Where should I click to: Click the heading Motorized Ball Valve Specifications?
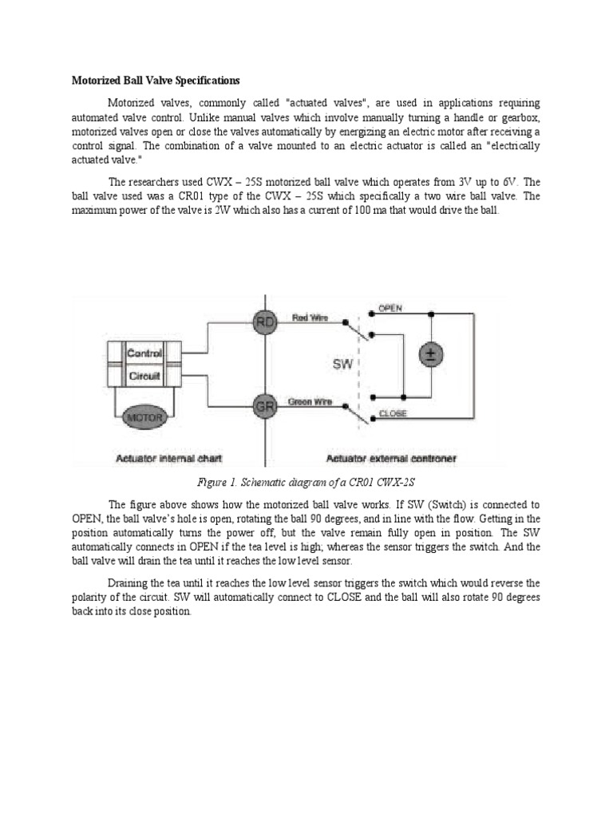point(156,81)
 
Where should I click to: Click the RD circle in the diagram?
point(265,322)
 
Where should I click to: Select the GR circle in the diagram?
point(265,407)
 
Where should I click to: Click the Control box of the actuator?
point(145,353)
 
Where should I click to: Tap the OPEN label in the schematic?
point(390,308)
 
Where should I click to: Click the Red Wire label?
point(310,318)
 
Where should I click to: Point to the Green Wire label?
point(310,402)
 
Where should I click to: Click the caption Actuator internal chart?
point(169,458)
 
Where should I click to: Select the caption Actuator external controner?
point(391,458)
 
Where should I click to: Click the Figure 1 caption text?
point(306,483)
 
